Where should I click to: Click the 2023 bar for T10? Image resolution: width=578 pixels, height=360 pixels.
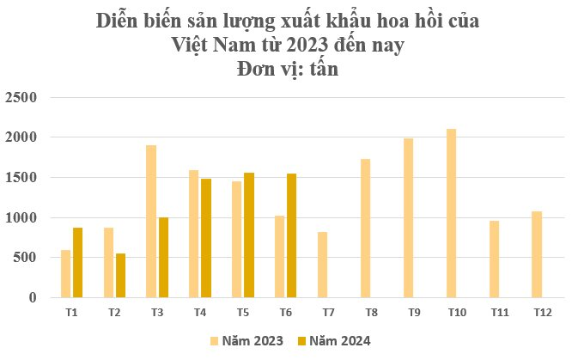click(x=452, y=213)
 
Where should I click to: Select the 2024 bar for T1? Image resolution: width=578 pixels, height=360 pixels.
click(x=77, y=263)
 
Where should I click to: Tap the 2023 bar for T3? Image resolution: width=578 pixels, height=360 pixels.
click(x=151, y=222)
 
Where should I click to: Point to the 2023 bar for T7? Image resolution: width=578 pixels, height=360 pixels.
click(x=323, y=265)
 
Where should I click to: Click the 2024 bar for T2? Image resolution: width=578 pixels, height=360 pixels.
click(x=120, y=276)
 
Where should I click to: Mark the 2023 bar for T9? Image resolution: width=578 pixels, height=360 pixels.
click(x=409, y=218)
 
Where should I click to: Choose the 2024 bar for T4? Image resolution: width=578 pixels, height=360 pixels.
click(x=206, y=238)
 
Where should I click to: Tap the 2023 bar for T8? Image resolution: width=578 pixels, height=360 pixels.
click(x=366, y=229)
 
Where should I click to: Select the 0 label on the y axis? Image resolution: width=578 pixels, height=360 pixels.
click(x=31, y=298)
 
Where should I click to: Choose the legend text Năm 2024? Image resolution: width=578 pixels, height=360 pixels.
click(x=341, y=341)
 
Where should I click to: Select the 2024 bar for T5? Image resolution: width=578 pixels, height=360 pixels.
click(x=249, y=235)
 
